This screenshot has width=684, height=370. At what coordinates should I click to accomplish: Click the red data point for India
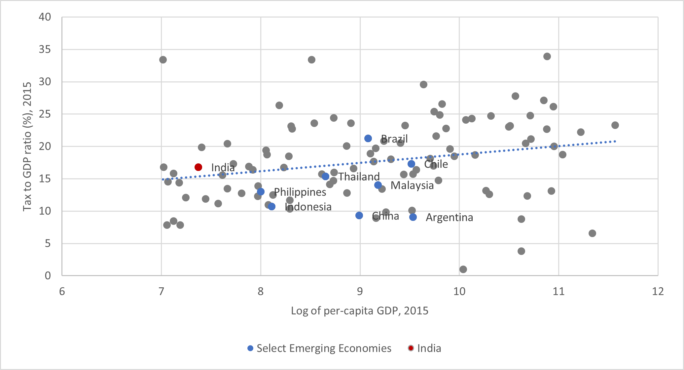click(198, 167)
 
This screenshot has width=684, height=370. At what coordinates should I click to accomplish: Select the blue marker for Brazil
click(368, 139)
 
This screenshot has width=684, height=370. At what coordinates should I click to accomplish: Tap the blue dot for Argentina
click(413, 217)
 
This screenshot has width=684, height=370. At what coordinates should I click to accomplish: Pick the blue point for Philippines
click(261, 192)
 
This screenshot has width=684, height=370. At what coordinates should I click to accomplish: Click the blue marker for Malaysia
click(378, 185)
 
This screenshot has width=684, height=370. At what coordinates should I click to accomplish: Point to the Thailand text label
click(359, 177)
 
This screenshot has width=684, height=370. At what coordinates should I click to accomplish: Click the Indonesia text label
click(308, 207)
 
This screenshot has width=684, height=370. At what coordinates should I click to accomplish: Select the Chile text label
click(436, 164)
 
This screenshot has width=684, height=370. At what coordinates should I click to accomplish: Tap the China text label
click(385, 216)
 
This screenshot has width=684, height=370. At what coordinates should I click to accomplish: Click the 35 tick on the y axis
click(45, 50)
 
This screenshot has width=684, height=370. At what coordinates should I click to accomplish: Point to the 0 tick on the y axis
click(48, 275)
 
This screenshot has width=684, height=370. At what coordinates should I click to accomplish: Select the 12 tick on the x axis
click(658, 292)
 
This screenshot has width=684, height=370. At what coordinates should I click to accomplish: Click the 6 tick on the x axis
click(62, 292)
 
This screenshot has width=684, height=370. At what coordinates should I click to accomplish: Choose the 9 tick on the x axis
click(360, 292)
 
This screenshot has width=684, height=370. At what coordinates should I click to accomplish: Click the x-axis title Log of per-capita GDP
click(359, 311)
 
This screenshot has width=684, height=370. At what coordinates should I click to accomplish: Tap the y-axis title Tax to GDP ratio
click(27, 146)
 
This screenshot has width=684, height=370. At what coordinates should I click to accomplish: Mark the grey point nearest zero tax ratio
click(463, 269)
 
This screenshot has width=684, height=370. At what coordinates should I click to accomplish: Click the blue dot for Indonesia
click(272, 207)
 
